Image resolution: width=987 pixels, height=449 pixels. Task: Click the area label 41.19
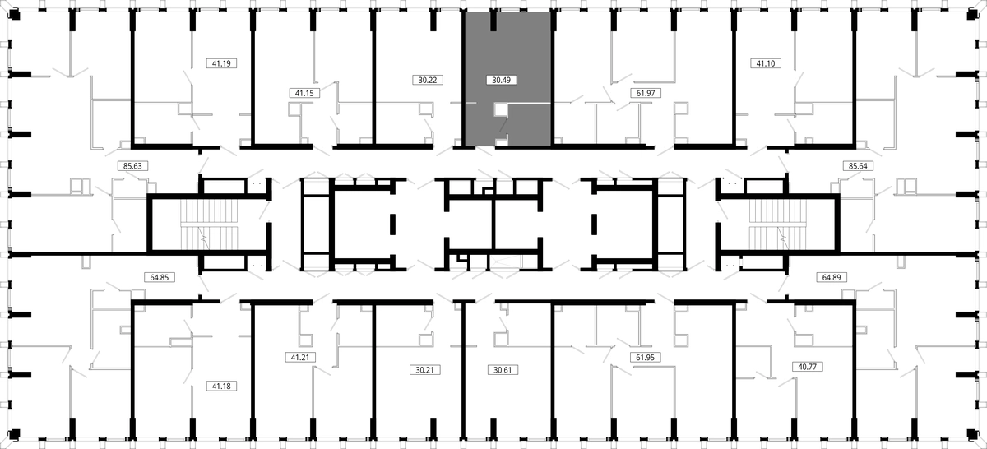(x=221, y=63)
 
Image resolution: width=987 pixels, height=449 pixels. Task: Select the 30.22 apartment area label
(x=428, y=80)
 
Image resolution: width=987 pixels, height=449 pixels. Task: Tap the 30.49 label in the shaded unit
(x=502, y=80)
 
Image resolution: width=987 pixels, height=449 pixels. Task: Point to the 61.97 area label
(x=646, y=93)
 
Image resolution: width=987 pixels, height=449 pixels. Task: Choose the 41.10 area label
(x=766, y=63)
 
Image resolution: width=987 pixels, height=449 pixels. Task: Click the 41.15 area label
(x=304, y=93)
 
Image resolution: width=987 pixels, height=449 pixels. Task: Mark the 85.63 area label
(x=132, y=166)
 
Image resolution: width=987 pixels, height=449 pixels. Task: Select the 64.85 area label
(x=160, y=278)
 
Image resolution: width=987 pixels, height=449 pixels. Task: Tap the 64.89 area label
(x=832, y=278)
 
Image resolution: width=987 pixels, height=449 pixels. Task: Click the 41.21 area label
(x=300, y=358)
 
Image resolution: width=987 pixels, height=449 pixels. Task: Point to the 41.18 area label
(x=221, y=387)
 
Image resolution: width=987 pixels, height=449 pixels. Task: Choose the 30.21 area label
(x=424, y=370)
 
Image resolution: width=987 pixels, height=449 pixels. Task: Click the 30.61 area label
(x=503, y=370)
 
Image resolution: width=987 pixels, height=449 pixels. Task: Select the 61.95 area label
(x=645, y=358)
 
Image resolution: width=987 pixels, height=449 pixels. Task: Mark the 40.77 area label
(x=807, y=367)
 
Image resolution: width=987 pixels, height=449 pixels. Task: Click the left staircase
(x=209, y=224)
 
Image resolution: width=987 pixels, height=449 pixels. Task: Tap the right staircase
(x=778, y=224)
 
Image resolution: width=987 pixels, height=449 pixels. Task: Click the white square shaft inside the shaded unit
(x=501, y=109)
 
